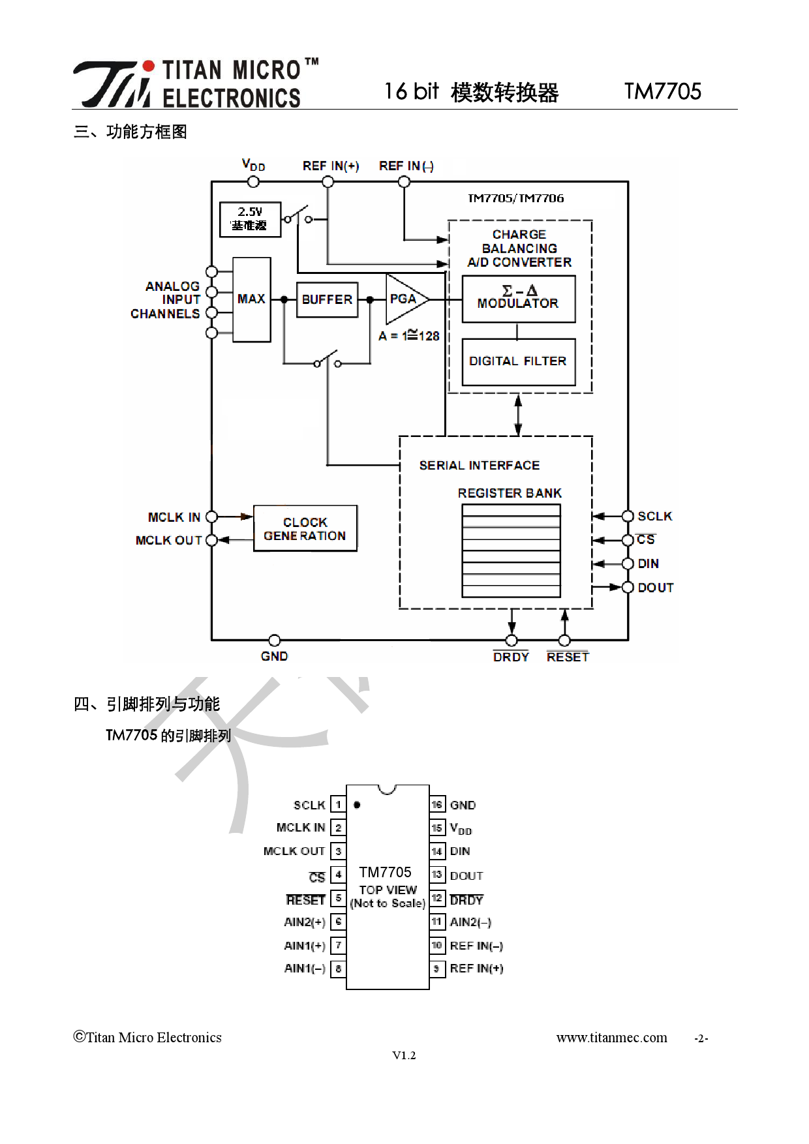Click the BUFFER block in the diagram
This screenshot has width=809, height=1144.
[x=327, y=299]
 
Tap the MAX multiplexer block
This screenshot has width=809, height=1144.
[x=251, y=299]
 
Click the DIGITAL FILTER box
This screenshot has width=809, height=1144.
[x=518, y=361]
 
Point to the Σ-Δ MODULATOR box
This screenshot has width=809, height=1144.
[x=518, y=298]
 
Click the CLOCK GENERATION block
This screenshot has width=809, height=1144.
[x=305, y=528]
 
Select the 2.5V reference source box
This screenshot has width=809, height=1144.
[x=250, y=219]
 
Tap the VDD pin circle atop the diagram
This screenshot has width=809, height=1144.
[x=253, y=182]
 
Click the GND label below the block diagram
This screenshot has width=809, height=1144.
[x=274, y=656]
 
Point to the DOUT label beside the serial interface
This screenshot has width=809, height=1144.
[x=655, y=588]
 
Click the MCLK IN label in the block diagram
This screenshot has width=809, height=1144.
[x=174, y=517]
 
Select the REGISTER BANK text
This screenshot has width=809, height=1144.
[x=509, y=493]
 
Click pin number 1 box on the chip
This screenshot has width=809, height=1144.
[x=338, y=805]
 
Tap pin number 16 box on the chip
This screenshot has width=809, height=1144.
[x=437, y=805]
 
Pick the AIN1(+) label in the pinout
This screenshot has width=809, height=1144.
[x=305, y=945]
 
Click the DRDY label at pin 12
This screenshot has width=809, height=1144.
[x=466, y=900]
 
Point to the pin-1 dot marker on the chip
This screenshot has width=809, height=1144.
[x=357, y=805]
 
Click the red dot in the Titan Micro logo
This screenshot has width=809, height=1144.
[x=149, y=66]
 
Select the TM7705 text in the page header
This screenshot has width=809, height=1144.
[x=662, y=91]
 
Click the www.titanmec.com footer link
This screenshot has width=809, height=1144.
[x=611, y=1038]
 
